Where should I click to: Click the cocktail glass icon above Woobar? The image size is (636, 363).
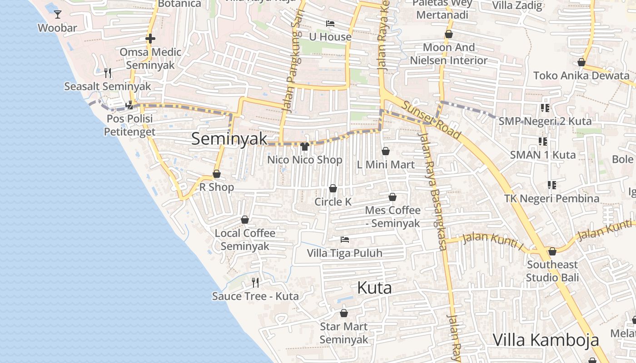click(58, 15)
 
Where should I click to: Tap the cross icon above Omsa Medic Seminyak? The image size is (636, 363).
click(150, 39)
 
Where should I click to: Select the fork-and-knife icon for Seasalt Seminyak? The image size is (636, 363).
click(108, 73)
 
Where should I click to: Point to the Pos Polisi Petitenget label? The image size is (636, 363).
click(129, 125)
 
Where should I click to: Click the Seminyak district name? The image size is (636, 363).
click(229, 139)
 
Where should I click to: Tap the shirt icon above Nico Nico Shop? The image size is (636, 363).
click(304, 146)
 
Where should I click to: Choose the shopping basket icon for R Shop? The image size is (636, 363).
click(217, 174)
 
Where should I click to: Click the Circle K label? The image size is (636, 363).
click(333, 202)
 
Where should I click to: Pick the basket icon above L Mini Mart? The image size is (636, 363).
click(386, 151)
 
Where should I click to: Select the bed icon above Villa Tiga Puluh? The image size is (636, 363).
click(345, 239)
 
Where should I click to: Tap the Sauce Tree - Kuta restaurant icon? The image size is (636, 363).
click(255, 283)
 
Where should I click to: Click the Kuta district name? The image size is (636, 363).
click(374, 288)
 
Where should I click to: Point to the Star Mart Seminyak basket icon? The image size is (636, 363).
click(344, 313)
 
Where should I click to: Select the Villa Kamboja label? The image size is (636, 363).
click(546, 340)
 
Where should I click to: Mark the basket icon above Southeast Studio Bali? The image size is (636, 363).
click(552, 251)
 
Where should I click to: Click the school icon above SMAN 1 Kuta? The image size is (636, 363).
click(542, 142)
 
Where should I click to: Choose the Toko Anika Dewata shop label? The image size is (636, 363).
click(581, 75)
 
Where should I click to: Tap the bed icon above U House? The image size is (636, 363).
click(330, 23)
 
